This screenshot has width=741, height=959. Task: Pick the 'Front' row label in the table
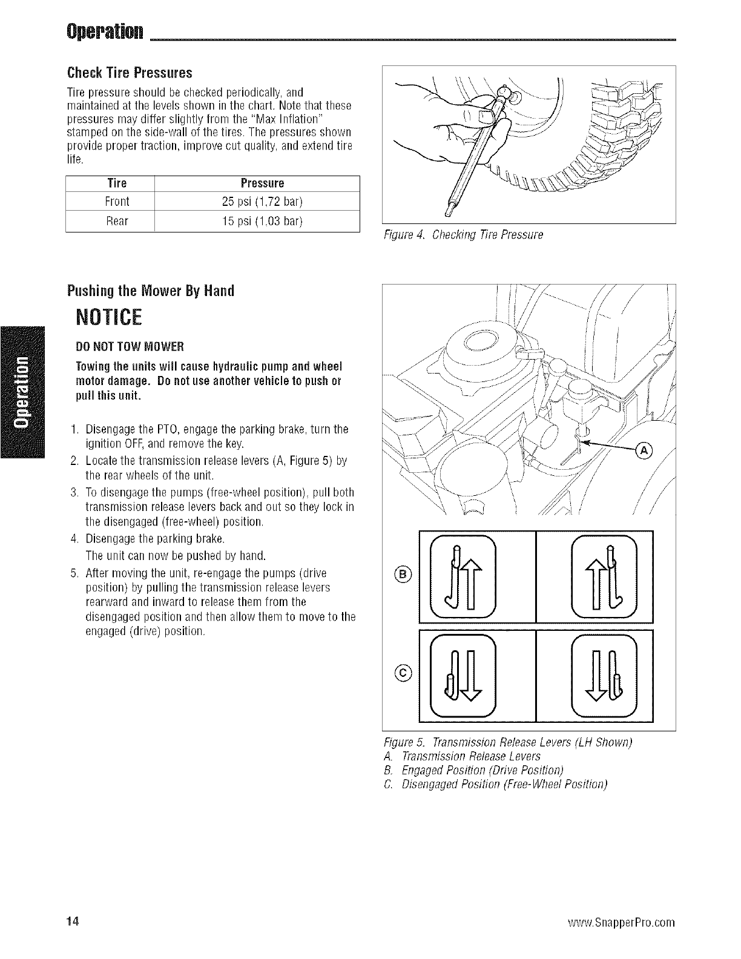coord(117,201)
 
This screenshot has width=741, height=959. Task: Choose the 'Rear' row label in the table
coord(117,221)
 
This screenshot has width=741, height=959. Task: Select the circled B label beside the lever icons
coord(405,575)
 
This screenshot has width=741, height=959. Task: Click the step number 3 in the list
coord(73,492)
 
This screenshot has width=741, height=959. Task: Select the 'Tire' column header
coord(117,183)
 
